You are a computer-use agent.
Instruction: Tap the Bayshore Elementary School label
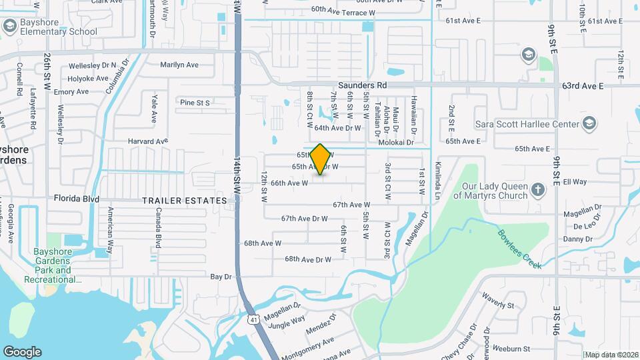click(x=59, y=27)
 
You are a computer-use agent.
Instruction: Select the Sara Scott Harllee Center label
click(x=526, y=123)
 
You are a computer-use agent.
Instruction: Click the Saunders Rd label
click(x=362, y=85)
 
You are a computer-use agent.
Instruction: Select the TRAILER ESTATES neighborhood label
click(x=185, y=200)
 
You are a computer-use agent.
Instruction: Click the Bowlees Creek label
click(x=519, y=248)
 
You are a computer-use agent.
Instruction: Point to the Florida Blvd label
click(x=77, y=199)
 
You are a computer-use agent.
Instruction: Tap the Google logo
click(x=22, y=352)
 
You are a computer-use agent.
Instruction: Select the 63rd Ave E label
click(x=582, y=86)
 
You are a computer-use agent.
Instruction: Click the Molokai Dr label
click(x=396, y=143)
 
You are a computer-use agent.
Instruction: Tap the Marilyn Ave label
click(x=179, y=65)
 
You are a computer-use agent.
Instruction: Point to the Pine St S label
click(x=195, y=103)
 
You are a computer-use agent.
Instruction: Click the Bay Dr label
click(x=221, y=276)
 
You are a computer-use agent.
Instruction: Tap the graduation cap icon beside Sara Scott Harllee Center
click(x=589, y=123)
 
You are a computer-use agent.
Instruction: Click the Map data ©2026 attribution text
click(x=611, y=354)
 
